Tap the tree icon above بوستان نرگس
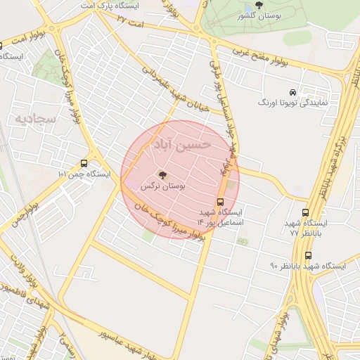point(163,174)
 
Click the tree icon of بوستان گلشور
point(259,5)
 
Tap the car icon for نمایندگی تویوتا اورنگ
point(292,92)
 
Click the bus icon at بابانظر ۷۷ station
point(304,212)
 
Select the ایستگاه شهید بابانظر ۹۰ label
point(308,266)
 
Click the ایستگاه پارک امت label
point(108,5)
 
